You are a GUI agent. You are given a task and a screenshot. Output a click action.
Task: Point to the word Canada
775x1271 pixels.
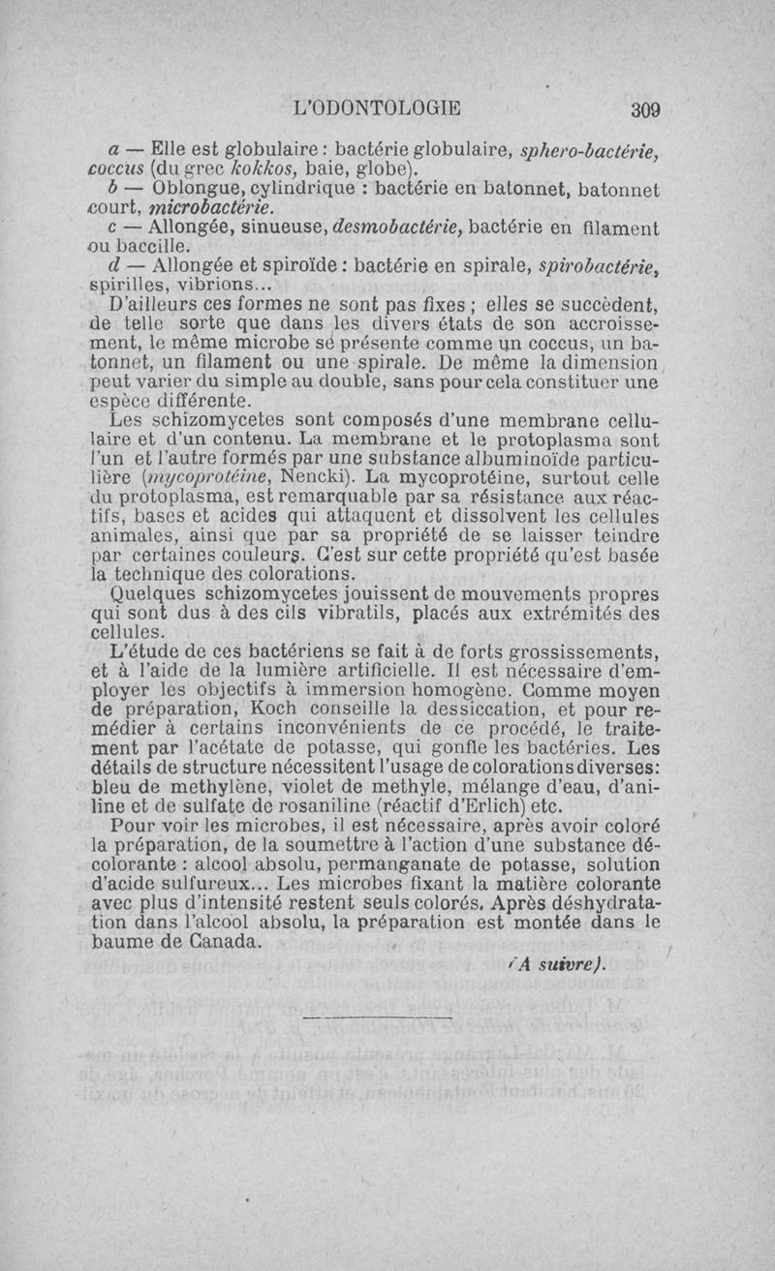[x=214, y=940]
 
